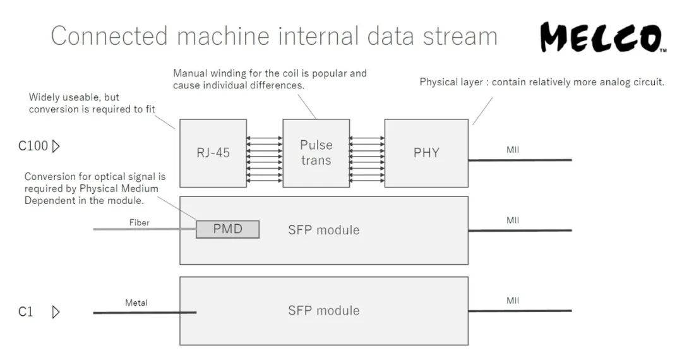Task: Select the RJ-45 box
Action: pos(213,153)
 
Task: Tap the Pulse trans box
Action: pos(316,153)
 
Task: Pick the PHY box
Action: pos(426,153)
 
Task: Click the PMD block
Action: pos(227,229)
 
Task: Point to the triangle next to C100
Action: pos(56,147)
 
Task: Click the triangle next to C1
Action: pos(56,311)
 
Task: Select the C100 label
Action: pos(33,147)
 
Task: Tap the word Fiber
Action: pos(140,222)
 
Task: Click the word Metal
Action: pos(136,303)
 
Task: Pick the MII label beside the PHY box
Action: pos(513,150)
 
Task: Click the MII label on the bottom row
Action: pos(513,301)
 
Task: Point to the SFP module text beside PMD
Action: pos(324,230)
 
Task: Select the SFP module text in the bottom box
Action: pos(324,311)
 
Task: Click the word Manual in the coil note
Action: pos(189,73)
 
